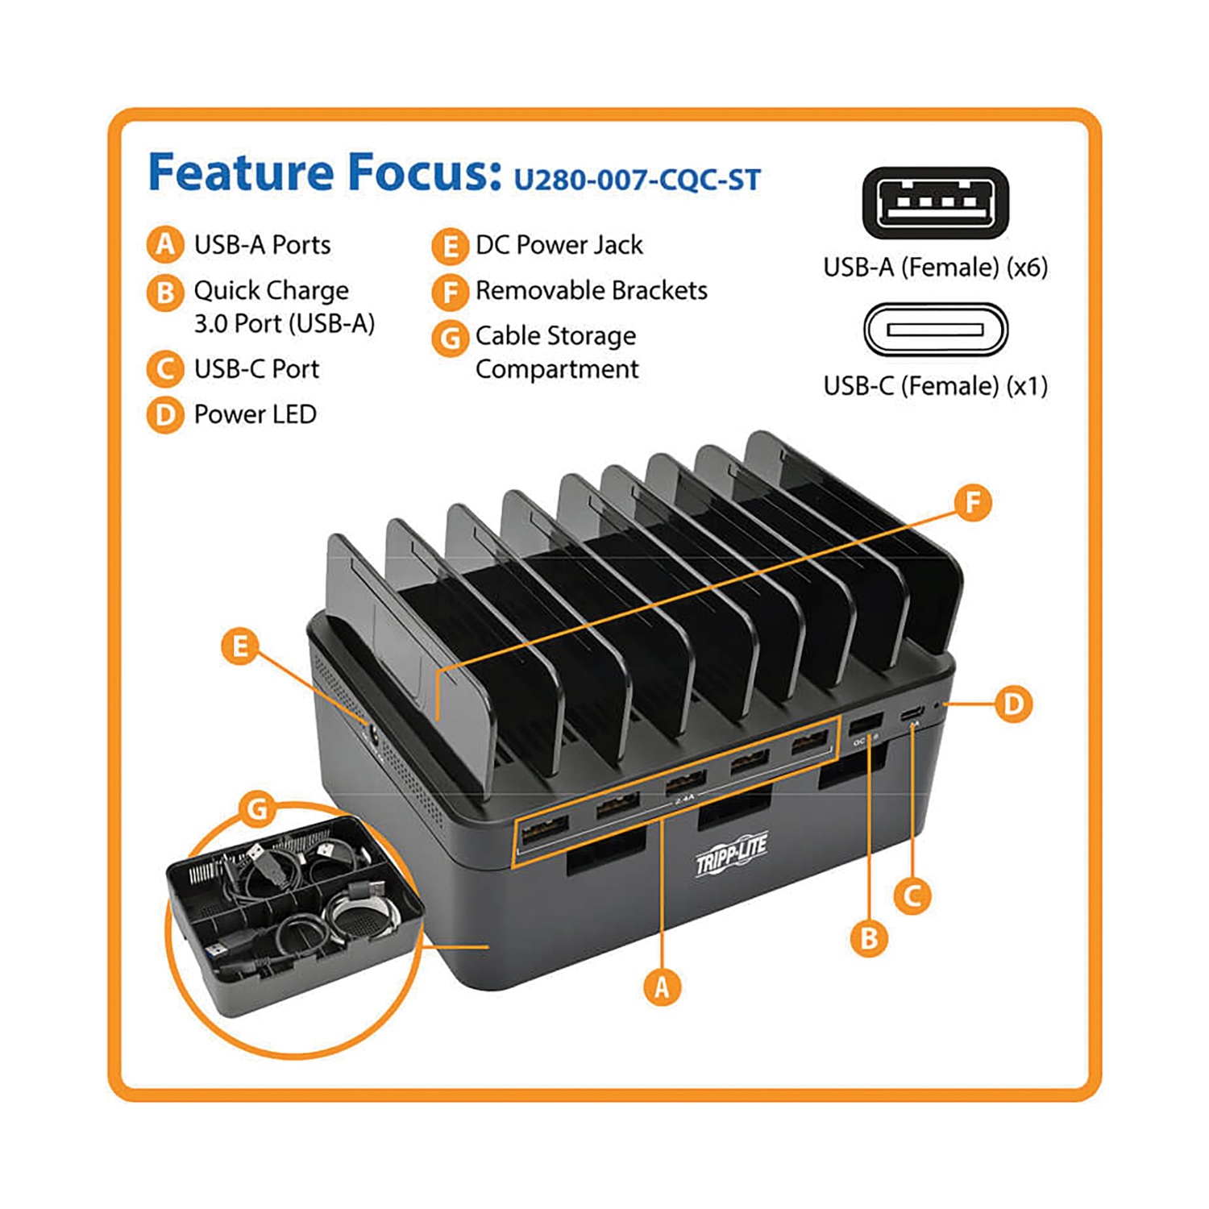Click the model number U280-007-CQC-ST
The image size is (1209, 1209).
(637, 179)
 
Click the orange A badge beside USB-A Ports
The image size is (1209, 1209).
(165, 244)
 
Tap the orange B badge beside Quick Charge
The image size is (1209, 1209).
(165, 292)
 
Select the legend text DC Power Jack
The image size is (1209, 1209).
(559, 245)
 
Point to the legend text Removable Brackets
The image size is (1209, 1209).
(591, 290)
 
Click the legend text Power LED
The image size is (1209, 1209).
(255, 414)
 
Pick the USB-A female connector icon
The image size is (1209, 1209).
(935, 203)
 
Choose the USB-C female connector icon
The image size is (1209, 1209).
(935, 330)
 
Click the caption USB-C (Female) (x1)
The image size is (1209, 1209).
(935, 386)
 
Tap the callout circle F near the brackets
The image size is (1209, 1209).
(973, 503)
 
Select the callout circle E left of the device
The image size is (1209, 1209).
(239, 646)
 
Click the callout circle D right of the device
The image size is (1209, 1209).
(1013, 704)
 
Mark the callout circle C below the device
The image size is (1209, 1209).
(912, 895)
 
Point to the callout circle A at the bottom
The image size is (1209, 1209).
(662, 987)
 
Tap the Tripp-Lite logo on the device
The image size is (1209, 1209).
(731, 853)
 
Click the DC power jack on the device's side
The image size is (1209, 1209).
(374, 734)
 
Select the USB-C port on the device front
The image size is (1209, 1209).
(912, 714)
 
